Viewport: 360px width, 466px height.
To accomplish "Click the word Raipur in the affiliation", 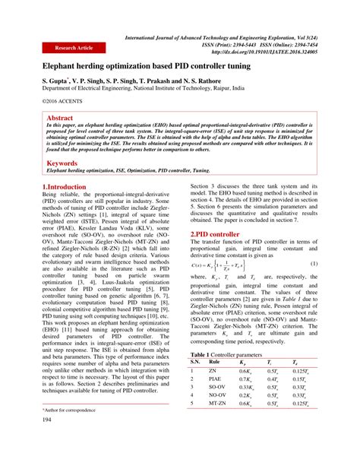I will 273,88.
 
